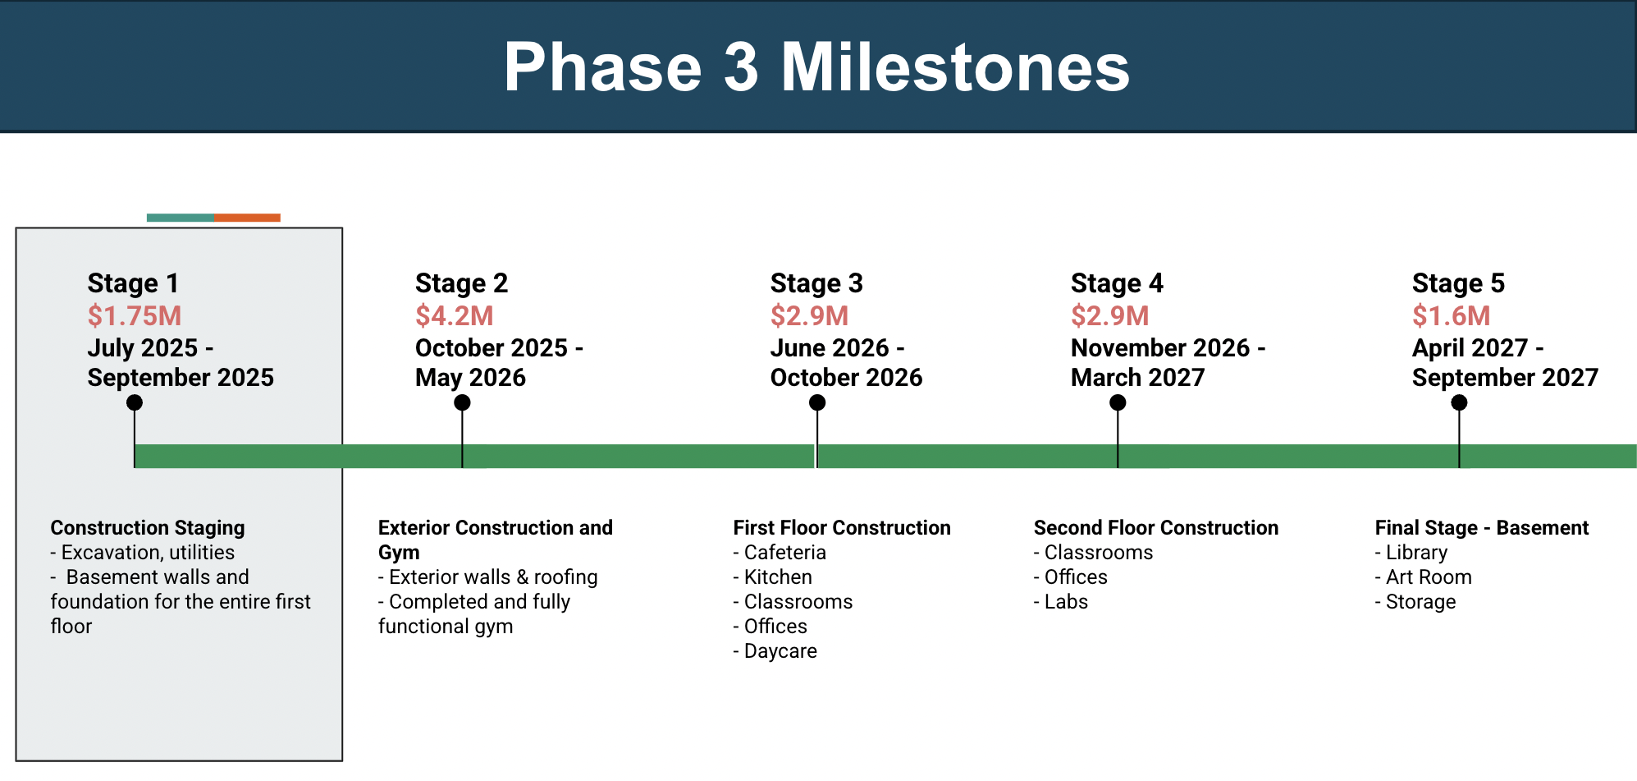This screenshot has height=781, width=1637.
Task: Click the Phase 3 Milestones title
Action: (x=816, y=67)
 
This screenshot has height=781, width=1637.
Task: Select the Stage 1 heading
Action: (x=133, y=283)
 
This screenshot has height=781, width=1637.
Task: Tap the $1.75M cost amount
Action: (x=135, y=315)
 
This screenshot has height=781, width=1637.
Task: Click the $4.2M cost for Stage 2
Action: (x=455, y=315)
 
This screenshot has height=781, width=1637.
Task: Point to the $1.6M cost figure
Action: (x=1451, y=315)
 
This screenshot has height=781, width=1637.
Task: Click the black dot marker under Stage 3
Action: (x=817, y=402)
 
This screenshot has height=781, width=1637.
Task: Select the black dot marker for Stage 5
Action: (x=1459, y=402)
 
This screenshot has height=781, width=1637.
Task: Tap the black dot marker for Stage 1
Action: (x=135, y=402)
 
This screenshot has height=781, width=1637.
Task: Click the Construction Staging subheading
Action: (x=148, y=528)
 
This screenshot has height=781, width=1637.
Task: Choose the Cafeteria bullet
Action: (x=780, y=553)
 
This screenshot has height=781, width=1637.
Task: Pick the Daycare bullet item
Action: (x=775, y=651)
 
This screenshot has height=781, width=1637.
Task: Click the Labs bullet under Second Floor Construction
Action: (x=1061, y=602)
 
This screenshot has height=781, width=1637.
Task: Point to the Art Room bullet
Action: (x=1424, y=577)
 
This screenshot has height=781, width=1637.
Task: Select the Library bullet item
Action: (x=1411, y=553)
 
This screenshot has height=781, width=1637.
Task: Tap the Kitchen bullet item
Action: (x=773, y=577)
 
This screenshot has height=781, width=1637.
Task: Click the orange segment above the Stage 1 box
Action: (x=248, y=218)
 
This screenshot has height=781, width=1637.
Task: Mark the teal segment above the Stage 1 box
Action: (x=181, y=218)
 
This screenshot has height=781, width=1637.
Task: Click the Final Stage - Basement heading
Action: (x=1482, y=528)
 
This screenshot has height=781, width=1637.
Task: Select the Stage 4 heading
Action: (x=1117, y=283)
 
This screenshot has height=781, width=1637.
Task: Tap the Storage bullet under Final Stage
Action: (x=1415, y=602)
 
